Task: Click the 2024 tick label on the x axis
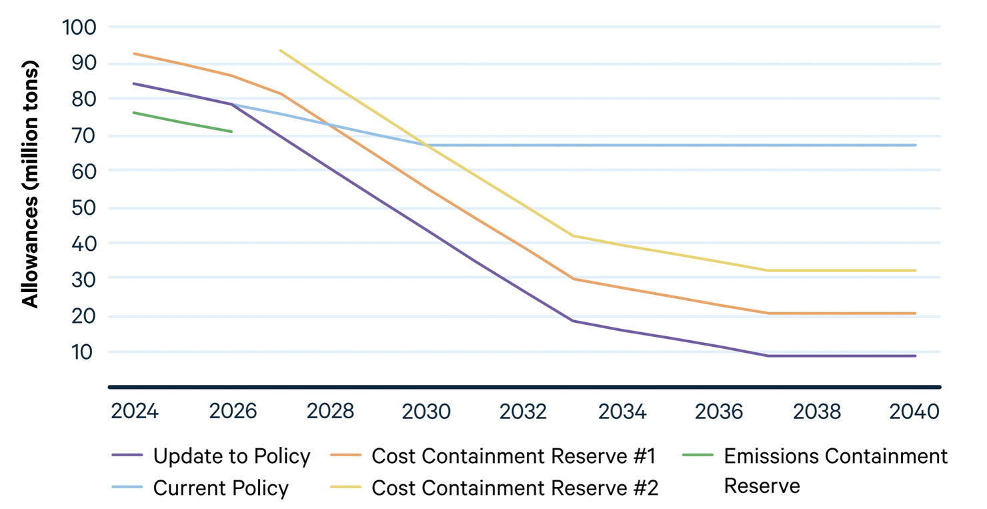(135, 412)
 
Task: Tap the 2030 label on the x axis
(426, 412)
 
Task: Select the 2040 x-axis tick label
(914, 412)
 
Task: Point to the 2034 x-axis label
(622, 412)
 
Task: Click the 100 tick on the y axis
(79, 27)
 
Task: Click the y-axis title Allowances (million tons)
(31, 184)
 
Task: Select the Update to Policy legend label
(231, 456)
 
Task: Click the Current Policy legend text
(221, 488)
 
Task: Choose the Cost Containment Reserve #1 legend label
(514, 456)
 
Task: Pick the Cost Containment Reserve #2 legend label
(515, 488)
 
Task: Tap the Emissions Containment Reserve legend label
(835, 470)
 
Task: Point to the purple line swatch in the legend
(127, 456)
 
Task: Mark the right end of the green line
(231, 131)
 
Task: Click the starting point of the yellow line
(280, 50)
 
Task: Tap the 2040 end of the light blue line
(915, 145)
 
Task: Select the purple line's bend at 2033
(573, 321)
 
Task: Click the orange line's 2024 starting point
(135, 53)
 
